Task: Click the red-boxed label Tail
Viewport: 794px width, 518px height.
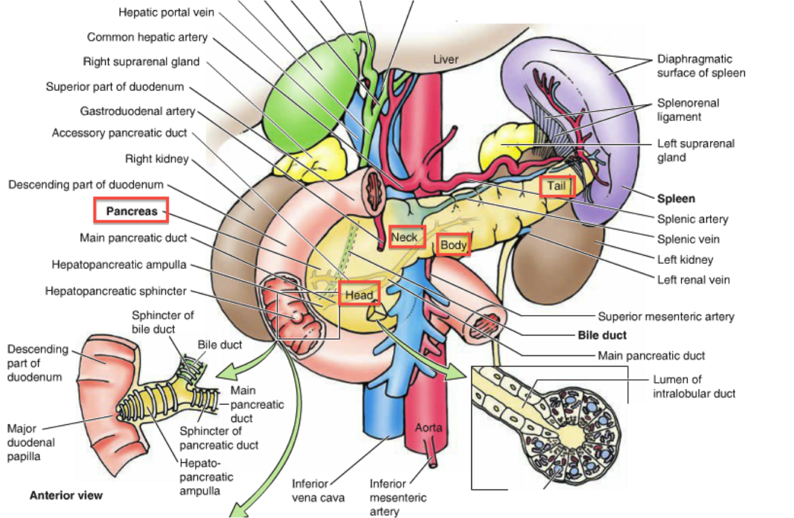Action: (557, 186)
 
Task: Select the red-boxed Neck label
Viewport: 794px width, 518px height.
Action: (407, 237)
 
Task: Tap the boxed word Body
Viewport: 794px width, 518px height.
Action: (454, 245)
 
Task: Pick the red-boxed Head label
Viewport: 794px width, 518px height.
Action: (359, 294)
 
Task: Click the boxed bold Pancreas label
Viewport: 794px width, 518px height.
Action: (132, 211)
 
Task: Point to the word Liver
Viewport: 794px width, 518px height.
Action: (446, 59)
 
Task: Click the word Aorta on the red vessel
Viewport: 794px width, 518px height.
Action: (429, 427)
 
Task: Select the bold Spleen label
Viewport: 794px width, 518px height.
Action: (676, 199)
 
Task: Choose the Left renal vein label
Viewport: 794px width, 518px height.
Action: (693, 279)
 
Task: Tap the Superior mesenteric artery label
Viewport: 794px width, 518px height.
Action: (666, 316)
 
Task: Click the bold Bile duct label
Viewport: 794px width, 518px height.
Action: (602, 335)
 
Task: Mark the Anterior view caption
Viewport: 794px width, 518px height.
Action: (66, 495)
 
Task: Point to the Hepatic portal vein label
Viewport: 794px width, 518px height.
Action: (166, 13)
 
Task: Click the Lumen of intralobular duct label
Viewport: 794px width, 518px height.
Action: (694, 386)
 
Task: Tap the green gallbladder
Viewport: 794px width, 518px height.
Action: (304, 89)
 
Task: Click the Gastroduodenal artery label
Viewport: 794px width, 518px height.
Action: (137, 111)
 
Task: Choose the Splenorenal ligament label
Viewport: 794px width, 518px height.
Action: (688, 110)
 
